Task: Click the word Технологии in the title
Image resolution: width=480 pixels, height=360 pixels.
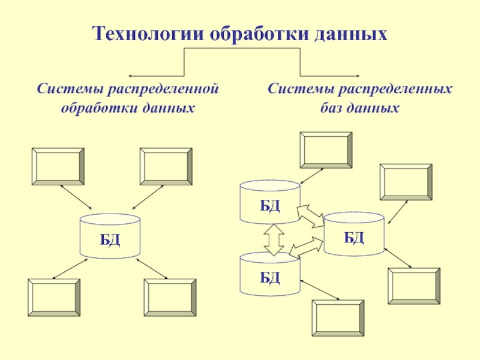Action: pyautogui.click(x=148, y=34)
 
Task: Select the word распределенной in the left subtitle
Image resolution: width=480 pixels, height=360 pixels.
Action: pyautogui.click(x=163, y=89)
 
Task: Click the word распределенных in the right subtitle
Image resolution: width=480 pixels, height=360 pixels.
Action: pyautogui.click(x=396, y=89)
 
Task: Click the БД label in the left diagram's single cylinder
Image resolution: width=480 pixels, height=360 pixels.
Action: pyautogui.click(x=110, y=239)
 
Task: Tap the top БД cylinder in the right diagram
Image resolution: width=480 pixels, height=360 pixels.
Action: pyautogui.click(x=269, y=202)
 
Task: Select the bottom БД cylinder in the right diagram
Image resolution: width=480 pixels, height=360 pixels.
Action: pyautogui.click(x=269, y=274)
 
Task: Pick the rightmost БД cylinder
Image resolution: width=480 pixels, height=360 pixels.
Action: pyautogui.click(x=354, y=233)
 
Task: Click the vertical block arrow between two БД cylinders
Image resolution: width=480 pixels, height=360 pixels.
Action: pyautogui.click(x=274, y=239)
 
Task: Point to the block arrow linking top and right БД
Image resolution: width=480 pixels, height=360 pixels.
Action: pyautogui.click(x=311, y=217)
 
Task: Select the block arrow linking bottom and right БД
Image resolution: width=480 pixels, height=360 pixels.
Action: pyautogui.click(x=306, y=247)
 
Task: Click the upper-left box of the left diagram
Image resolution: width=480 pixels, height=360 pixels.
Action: pyautogui.click(x=58, y=167)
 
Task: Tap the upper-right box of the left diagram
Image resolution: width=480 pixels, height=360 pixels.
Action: pyautogui.click(x=166, y=167)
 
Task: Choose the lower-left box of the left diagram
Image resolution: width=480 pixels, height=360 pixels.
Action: pyautogui.click(x=54, y=298)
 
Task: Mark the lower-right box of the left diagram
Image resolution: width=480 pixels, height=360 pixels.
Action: pyautogui.click(x=170, y=298)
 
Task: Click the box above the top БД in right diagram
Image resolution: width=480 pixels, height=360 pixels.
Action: pyautogui.click(x=326, y=151)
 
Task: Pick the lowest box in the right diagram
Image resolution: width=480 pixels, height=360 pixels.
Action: pyautogui.click(x=338, y=319)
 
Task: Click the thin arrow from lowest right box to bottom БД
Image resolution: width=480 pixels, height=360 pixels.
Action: pyautogui.click(x=320, y=290)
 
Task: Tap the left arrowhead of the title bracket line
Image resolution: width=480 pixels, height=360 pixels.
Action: pyautogui.click(x=130, y=76)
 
